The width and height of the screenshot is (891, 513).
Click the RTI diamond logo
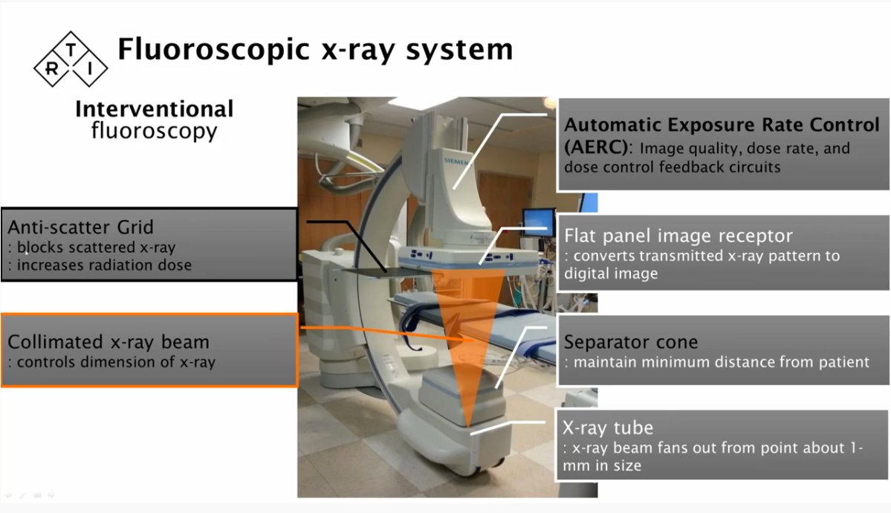71,59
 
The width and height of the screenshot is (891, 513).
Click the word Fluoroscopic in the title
213,50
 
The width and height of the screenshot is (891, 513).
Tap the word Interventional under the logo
154,109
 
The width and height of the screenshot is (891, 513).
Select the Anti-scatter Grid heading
80,227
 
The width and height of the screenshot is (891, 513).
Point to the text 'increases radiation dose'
104,265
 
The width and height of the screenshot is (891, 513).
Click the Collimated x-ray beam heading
108,342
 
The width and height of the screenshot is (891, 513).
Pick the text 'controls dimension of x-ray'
116,362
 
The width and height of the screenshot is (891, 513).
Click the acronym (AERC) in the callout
596,147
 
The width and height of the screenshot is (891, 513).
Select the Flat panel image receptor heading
678,236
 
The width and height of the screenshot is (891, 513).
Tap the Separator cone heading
631,342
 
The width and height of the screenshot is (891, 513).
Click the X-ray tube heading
608,427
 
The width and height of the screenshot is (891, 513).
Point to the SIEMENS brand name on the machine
456,161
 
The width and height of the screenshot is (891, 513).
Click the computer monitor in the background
538,222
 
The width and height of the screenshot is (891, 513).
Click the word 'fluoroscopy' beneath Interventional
154,131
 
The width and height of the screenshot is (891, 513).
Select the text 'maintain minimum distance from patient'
721,362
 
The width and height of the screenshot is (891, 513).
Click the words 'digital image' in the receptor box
611,274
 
